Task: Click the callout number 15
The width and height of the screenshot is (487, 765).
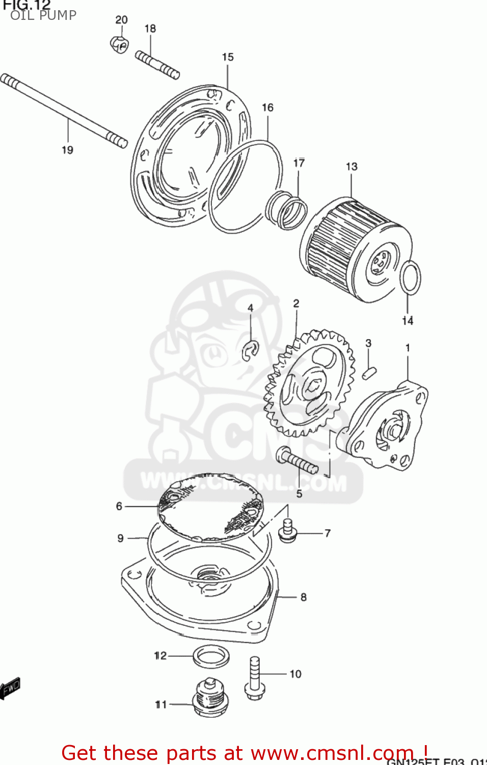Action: [x=228, y=57]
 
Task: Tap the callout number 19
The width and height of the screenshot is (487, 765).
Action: [x=67, y=150]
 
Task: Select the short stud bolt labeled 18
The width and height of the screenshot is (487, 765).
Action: [x=157, y=64]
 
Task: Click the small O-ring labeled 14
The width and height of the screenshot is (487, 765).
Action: [x=410, y=278]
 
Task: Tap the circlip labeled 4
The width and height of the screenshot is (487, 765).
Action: [x=250, y=350]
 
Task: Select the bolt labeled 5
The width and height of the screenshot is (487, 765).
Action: [x=296, y=460]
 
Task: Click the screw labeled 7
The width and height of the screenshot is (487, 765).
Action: [x=288, y=530]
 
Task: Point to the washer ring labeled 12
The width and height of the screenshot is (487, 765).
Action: [x=211, y=656]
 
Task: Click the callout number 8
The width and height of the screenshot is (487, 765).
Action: [x=304, y=597]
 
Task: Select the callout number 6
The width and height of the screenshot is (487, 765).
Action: [x=119, y=506]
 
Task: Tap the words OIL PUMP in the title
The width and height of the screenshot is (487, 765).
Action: [x=43, y=15]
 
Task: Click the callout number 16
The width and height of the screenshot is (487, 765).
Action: [x=267, y=108]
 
